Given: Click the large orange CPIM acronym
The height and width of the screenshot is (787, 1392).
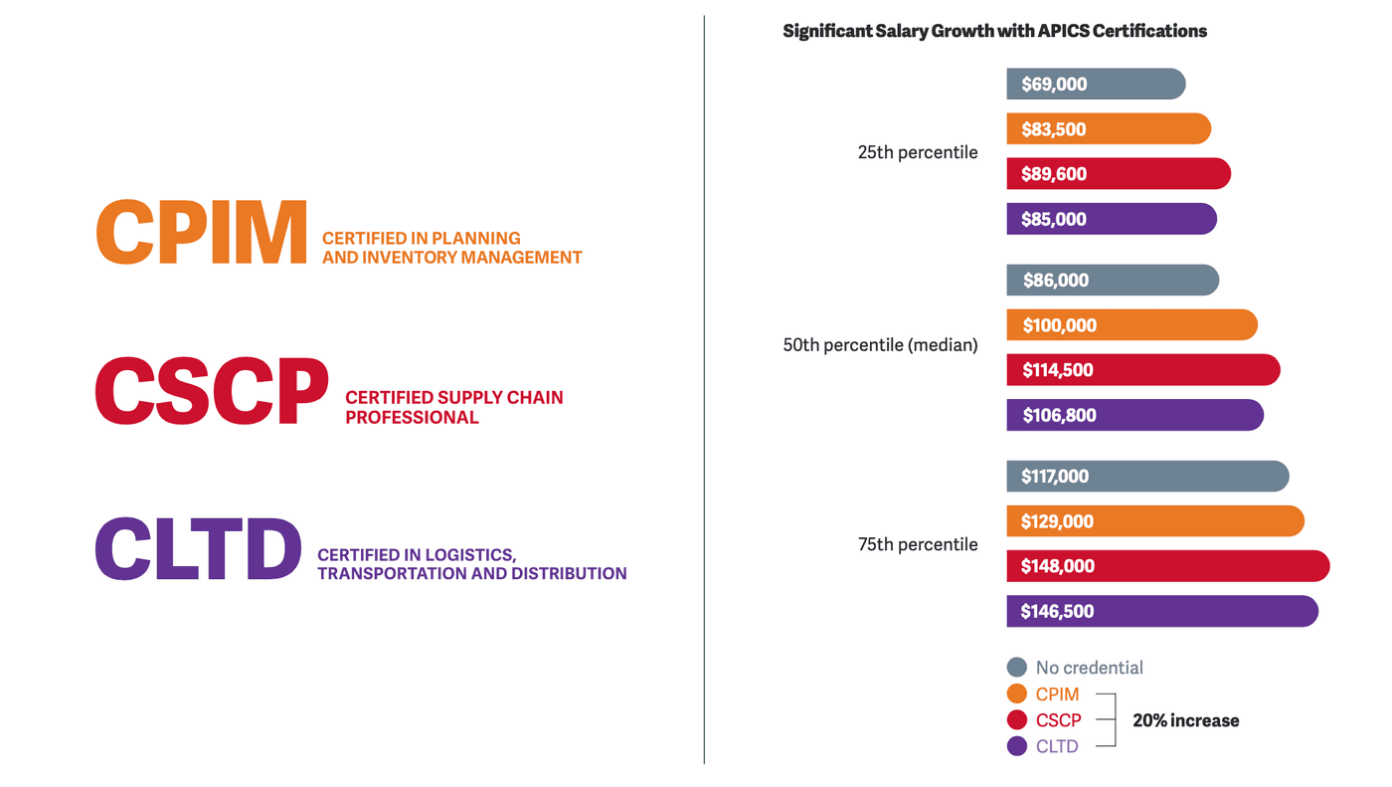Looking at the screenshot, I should coord(202,232).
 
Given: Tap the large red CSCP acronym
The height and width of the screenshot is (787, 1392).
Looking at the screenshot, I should coord(211,391).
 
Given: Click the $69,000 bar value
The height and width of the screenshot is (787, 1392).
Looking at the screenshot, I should coord(1054,85).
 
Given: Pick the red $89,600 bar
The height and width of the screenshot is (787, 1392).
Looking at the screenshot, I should coord(1119,174).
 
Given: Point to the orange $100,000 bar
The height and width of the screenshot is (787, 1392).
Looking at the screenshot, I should coord(1131,325).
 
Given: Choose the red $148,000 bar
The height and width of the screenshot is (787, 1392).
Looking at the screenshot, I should coord(1167,566).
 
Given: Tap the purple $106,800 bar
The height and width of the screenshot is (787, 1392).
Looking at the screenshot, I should coord(1134,415).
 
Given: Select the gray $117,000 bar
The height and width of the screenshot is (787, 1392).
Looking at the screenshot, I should coord(1147,477).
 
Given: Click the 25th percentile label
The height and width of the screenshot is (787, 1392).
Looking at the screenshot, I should coord(918,152).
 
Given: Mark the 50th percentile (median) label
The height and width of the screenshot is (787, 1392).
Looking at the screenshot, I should coord(880,345).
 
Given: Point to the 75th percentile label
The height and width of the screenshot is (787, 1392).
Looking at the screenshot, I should coord(918,544).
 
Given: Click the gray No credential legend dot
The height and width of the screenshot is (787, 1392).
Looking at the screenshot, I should coord(1016,668).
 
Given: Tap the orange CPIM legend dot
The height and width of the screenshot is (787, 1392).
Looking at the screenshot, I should coord(1016,694).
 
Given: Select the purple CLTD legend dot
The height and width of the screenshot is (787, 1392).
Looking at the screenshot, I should coord(1016,746).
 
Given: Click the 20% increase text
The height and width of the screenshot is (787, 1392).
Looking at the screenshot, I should coord(1185,720).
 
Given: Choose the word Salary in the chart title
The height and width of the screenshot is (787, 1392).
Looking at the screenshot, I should coord(900,31).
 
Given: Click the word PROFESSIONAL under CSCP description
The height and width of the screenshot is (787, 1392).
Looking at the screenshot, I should coord(412,417).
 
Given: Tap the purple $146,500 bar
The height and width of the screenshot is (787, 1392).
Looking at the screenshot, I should coord(1161,611).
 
